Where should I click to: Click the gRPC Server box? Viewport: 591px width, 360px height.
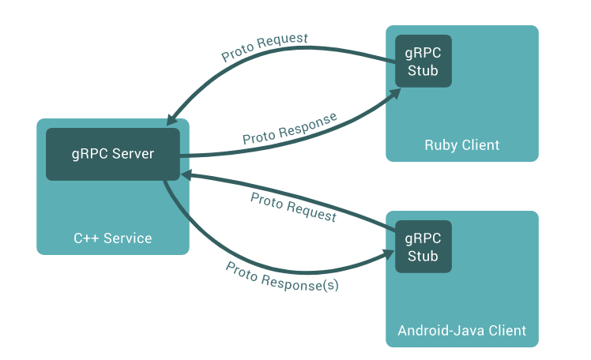coord(112,153)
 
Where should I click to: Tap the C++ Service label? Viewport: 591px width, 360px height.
coord(112,238)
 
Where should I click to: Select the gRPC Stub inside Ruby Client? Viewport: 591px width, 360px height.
coord(423,61)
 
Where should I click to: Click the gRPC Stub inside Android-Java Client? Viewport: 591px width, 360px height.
coord(423,246)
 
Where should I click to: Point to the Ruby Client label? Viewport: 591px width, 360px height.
coord(461,145)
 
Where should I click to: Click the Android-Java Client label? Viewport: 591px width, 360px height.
coord(461,330)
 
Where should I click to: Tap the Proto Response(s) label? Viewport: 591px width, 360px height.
coord(282,276)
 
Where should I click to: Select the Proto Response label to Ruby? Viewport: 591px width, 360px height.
coord(289,128)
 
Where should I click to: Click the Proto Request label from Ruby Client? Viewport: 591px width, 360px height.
coord(264,47)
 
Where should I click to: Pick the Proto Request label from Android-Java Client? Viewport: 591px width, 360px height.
coord(293,207)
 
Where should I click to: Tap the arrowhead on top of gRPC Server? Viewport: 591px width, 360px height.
coord(171,120)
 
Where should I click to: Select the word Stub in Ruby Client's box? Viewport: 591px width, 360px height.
coord(423,69)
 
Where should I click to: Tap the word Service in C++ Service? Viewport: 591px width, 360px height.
coord(128,238)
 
